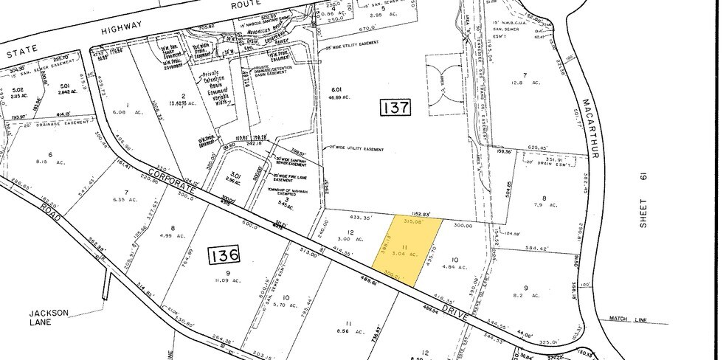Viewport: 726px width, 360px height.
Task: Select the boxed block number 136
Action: pos(224,256)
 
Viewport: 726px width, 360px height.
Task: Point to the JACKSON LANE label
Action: pos(69,317)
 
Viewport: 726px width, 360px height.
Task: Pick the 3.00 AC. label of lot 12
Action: pos(340,239)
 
